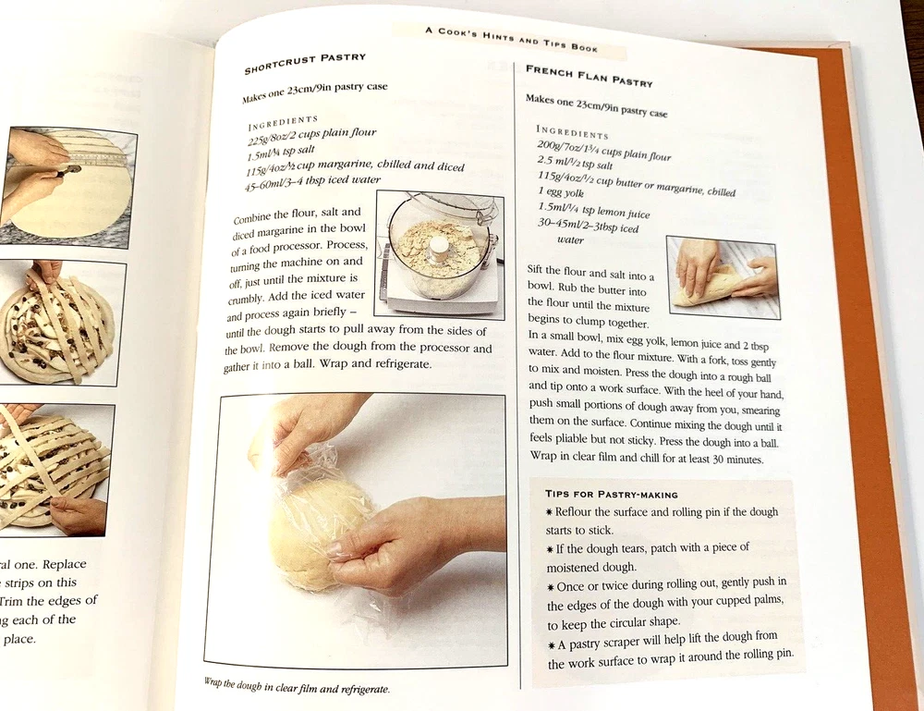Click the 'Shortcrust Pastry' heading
click(305, 64)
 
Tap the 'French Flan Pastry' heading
click(589, 76)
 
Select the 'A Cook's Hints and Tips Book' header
click(512, 39)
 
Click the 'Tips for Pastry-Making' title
click(611, 494)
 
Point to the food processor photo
click(440, 254)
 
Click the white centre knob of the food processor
click(438, 248)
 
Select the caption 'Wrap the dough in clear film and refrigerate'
click(297, 685)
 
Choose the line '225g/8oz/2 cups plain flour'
click(311, 137)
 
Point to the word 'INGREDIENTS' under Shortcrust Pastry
click(283, 123)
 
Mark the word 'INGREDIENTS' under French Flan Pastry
click(572, 131)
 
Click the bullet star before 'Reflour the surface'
click(549, 511)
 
